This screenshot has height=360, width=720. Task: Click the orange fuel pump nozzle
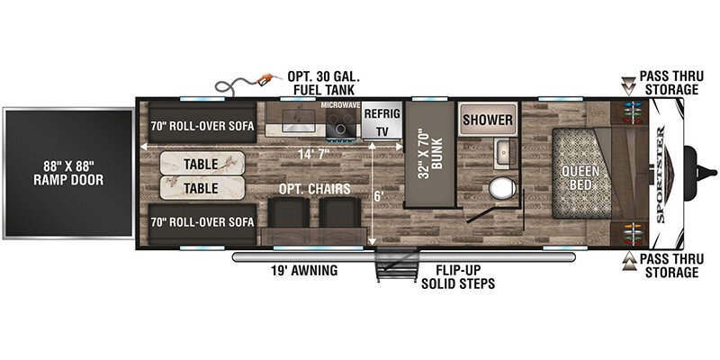[x=265, y=79]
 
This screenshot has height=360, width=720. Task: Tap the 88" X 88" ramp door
[x=68, y=173]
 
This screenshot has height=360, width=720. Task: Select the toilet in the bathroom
[x=502, y=189]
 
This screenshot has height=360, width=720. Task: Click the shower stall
[x=488, y=120]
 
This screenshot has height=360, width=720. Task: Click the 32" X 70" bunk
[x=429, y=154]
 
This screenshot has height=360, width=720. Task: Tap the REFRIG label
[x=382, y=114]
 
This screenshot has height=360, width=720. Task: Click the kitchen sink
[x=295, y=121]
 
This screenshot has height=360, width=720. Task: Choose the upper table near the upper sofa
[x=202, y=164]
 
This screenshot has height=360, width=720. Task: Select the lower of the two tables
[x=202, y=188]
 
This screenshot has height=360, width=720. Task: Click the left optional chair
[x=288, y=212]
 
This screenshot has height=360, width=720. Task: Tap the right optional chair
[x=340, y=212]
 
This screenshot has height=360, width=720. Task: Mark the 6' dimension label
[x=378, y=195]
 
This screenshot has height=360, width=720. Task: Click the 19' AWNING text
[x=304, y=270]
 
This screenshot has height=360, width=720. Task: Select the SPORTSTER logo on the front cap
[x=661, y=174]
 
